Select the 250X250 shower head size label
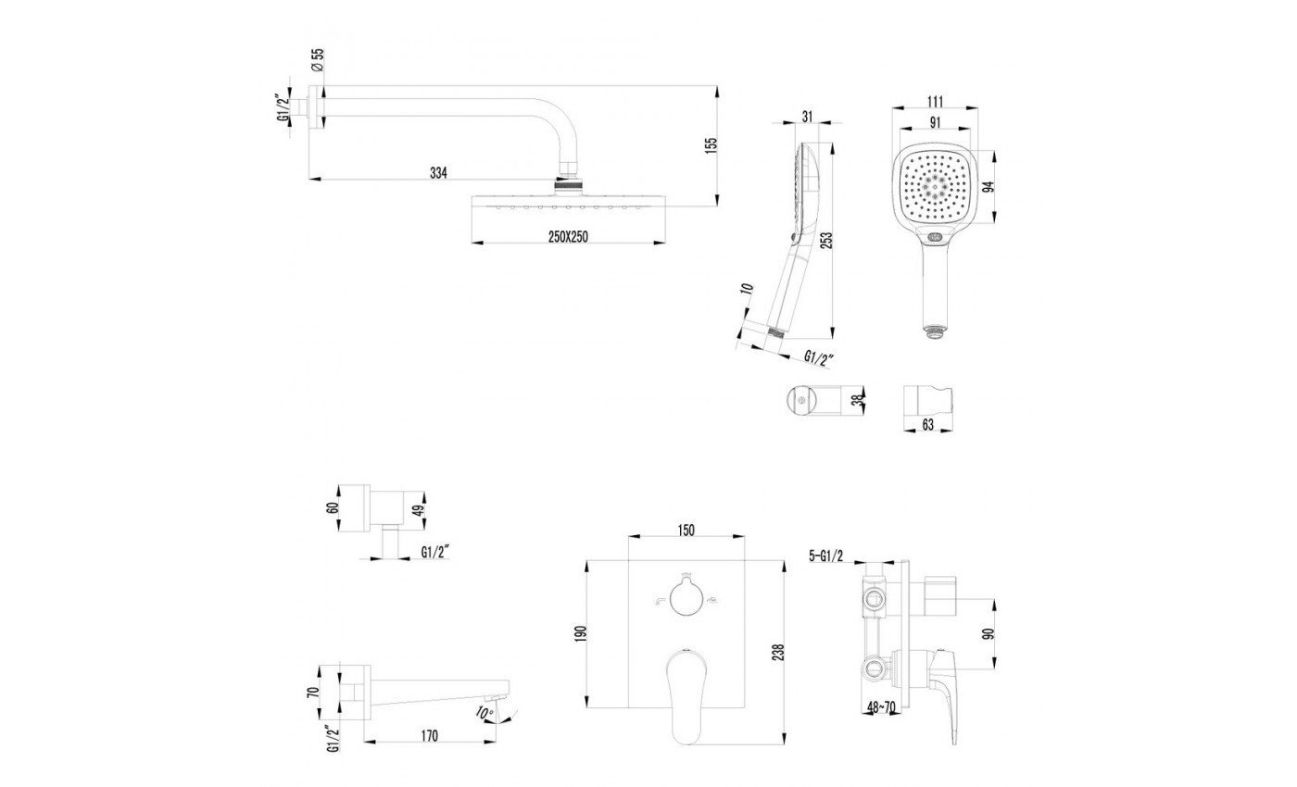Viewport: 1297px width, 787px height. [x=568, y=237]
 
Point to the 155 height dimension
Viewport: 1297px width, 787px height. [x=711, y=146]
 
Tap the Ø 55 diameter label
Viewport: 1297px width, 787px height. [x=316, y=61]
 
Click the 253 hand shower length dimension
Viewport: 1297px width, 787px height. [x=827, y=239]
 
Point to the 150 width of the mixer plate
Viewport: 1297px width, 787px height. [x=686, y=530]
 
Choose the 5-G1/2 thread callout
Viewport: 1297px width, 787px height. [x=826, y=556]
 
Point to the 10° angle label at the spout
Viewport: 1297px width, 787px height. [x=482, y=713]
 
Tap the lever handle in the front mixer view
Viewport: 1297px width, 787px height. [x=687, y=685]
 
